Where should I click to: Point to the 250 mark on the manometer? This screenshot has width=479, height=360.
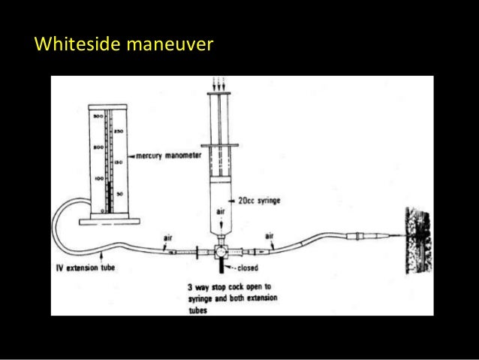[x=119, y=130]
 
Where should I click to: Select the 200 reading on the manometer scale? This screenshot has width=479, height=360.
[x=98, y=148]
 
